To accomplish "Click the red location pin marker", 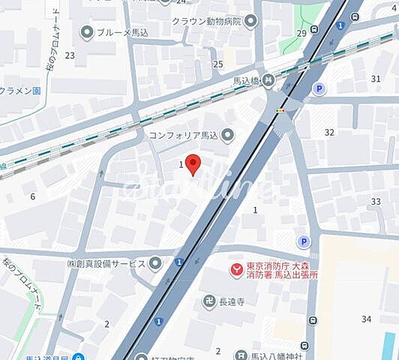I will (x=193, y=164).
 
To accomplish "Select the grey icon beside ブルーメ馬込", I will (x=87, y=32).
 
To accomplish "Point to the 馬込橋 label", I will (x=242, y=79).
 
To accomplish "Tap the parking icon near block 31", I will (x=319, y=89).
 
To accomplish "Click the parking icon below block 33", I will (x=304, y=241).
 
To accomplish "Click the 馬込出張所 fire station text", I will (x=286, y=274).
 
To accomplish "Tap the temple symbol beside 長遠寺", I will (x=209, y=301).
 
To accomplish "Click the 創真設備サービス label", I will (x=106, y=262).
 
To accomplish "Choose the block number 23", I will (x=70, y=55).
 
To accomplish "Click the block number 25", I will (x=218, y=64).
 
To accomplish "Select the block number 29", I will (x=301, y=33).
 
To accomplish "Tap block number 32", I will (x=328, y=132).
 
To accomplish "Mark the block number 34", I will (x=366, y=319).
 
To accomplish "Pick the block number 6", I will (x=32, y=196).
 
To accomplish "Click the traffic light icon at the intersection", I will (x=280, y=111).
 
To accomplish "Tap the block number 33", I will (x=376, y=202).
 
